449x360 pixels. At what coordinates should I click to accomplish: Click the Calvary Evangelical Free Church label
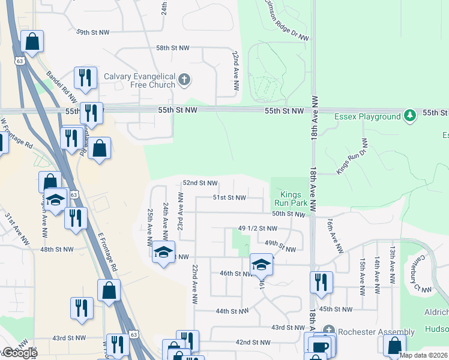click(x=139, y=80)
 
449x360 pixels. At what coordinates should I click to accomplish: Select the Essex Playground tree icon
click(x=410, y=116)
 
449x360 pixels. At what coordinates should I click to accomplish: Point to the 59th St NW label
click(x=93, y=32)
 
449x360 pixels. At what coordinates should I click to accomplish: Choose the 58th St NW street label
click(x=172, y=47)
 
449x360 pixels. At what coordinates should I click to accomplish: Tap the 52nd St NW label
click(x=200, y=182)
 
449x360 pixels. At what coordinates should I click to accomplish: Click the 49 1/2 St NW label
click(x=258, y=229)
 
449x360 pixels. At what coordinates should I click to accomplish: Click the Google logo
click(x=19, y=353)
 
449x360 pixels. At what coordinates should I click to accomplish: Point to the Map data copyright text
click(x=423, y=355)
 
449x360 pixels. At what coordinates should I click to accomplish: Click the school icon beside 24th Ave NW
click(x=163, y=253)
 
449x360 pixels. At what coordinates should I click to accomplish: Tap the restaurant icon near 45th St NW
click(x=321, y=283)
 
